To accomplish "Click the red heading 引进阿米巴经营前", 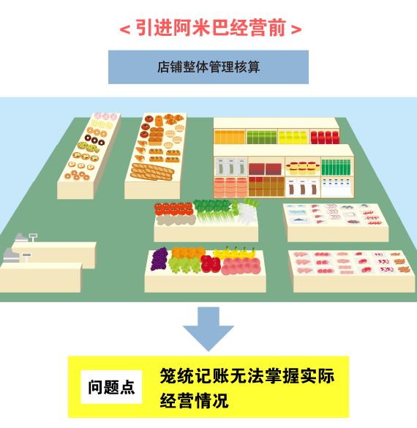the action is coord(211,28).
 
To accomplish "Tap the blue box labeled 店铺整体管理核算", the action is coord(209,67).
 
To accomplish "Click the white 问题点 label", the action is coord(111,387).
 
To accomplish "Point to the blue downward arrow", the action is coord(209,328).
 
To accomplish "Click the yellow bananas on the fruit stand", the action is coord(234,252).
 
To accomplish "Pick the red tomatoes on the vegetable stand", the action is coord(174,209).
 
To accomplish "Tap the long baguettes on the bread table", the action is coord(152,172).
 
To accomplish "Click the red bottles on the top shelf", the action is coord(325,137).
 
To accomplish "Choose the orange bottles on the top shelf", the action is coord(230,137).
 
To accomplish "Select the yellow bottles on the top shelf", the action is coord(293,137).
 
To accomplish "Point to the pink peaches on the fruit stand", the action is coord(241,266).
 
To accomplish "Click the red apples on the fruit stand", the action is coord(211,263).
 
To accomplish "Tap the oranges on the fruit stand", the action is coord(188,252).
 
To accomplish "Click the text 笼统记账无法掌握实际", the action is coord(247,376).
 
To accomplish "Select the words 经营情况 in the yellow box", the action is coord(194,400).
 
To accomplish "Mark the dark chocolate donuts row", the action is coord(94,140).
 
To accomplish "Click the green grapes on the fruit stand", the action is coord(184,265).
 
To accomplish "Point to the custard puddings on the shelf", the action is coord(303,168).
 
